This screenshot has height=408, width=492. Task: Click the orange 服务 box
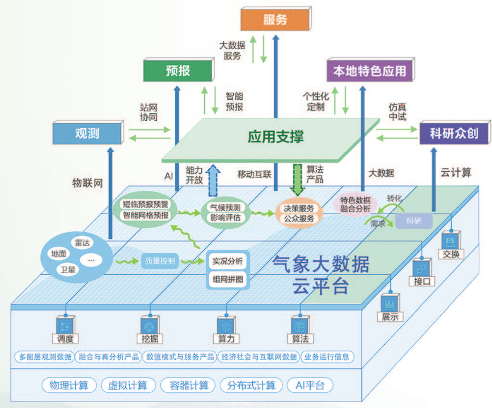[275, 19]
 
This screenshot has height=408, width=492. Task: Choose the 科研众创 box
[453, 133]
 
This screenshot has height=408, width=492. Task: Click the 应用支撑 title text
[276, 137]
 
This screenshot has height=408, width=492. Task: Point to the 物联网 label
[89, 182]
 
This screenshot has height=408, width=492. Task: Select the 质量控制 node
[160, 261]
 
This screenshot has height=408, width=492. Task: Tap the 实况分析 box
[227, 261]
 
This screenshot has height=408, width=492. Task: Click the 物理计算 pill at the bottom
[69, 385]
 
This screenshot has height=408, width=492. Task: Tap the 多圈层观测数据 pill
[46, 357]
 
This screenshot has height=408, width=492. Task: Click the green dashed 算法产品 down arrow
[298, 177]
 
